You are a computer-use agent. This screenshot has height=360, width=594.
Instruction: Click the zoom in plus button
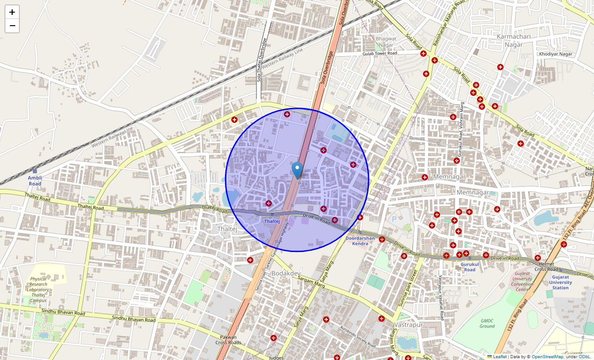tap(12, 12)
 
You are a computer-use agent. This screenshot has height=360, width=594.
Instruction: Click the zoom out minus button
tap(12, 26)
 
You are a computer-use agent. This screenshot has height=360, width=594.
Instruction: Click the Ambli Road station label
tap(35, 181)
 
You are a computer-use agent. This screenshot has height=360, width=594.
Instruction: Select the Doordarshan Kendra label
tap(360, 241)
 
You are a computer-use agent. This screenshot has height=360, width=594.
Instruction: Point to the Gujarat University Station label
tap(560, 282)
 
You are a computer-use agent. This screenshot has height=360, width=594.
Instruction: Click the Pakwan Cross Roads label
tap(228, 340)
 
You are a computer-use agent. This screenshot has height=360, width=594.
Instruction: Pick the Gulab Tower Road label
tap(380, 53)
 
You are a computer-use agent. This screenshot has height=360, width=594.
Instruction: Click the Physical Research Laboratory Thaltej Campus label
tap(39, 290)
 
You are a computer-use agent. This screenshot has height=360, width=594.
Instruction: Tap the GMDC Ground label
tap(487, 324)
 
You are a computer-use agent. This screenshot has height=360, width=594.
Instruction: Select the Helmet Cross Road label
tap(546, 266)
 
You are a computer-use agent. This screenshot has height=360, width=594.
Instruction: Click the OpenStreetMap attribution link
tap(548, 357)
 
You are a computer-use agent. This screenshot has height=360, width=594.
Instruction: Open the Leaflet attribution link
tap(499, 357)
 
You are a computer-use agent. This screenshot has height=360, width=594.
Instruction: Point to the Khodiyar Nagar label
tap(555, 54)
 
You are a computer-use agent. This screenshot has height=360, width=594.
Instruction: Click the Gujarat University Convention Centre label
tap(522, 281)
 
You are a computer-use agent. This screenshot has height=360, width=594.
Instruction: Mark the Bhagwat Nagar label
tap(386, 42)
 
